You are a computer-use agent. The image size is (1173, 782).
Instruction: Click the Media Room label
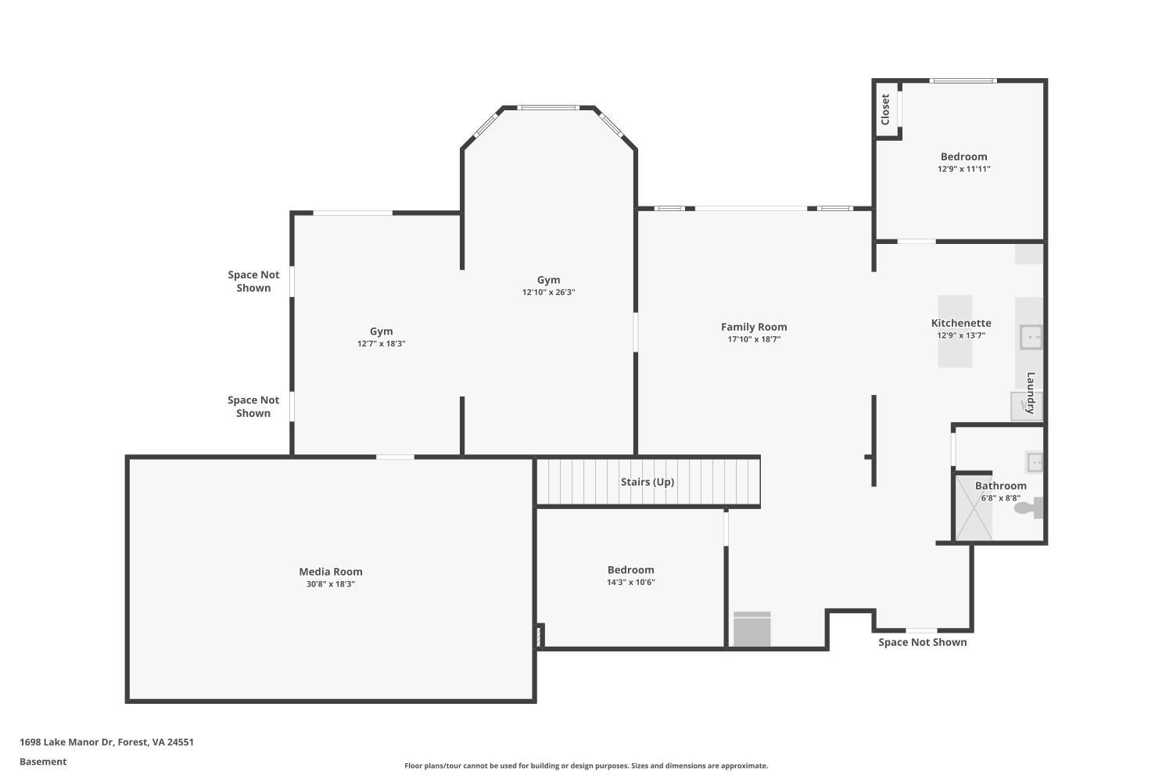point(331,572)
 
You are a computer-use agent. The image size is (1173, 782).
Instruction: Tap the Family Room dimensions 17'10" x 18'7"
point(754,339)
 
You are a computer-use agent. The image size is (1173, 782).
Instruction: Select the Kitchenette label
point(961,323)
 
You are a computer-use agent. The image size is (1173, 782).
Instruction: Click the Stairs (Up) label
point(647,482)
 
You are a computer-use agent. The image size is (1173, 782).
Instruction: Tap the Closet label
point(885,109)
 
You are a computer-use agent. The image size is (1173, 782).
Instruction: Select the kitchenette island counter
point(955,331)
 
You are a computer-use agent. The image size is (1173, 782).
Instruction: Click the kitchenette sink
point(1031,337)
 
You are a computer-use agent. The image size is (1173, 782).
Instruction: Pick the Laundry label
point(1031,393)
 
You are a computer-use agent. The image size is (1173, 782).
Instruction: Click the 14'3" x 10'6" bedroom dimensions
point(630,583)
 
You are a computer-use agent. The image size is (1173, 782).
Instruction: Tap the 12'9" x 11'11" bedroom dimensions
point(963,169)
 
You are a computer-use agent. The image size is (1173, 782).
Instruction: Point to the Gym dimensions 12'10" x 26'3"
point(548,292)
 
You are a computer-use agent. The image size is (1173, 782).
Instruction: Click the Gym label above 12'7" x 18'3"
point(381,331)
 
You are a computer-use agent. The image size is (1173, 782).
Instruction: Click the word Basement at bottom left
point(43,762)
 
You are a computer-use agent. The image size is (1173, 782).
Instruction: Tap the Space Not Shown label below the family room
point(922,642)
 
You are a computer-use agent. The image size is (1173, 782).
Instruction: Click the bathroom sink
point(1034,462)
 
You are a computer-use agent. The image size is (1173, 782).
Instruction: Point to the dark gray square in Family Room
point(752,630)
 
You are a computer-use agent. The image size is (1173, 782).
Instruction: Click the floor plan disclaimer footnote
point(586,766)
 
